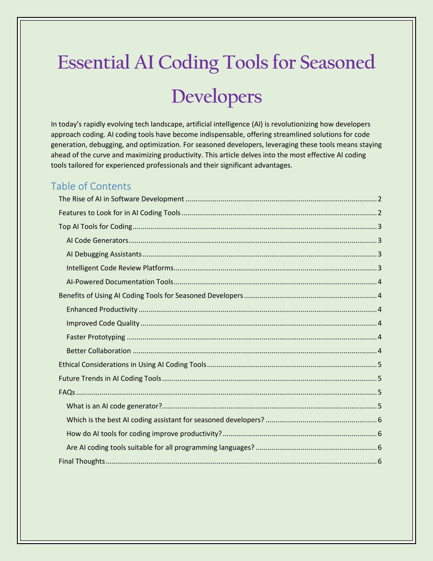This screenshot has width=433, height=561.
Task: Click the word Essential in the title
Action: [93, 63]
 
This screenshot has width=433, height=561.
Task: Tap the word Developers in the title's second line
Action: [216, 97]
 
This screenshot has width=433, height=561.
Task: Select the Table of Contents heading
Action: [91, 186]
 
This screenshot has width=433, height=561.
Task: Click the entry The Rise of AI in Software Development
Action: [121, 199]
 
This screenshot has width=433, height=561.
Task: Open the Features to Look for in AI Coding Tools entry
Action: [119, 213]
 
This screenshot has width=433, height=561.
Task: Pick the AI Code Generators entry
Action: [97, 240]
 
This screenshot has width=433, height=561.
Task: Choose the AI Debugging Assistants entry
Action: [104, 254]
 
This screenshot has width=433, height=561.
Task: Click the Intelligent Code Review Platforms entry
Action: [120, 268]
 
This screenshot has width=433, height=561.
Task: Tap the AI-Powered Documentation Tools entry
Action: [120, 282]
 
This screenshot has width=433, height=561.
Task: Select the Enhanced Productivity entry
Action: [102, 310]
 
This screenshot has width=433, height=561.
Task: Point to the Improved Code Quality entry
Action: [103, 323]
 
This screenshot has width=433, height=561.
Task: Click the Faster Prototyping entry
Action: [96, 337]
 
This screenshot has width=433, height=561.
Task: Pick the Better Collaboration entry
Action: [99, 351]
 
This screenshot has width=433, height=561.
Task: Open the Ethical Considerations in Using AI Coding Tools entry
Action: [132, 365]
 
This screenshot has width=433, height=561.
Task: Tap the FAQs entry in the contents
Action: [67, 392]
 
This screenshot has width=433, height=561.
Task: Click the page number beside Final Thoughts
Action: [380, 462]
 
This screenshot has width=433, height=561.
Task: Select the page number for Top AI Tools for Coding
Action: [380, 227]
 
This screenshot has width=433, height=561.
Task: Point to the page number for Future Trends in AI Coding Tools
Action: [380, 379]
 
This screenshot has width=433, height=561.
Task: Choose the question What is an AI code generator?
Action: [114, 406]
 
